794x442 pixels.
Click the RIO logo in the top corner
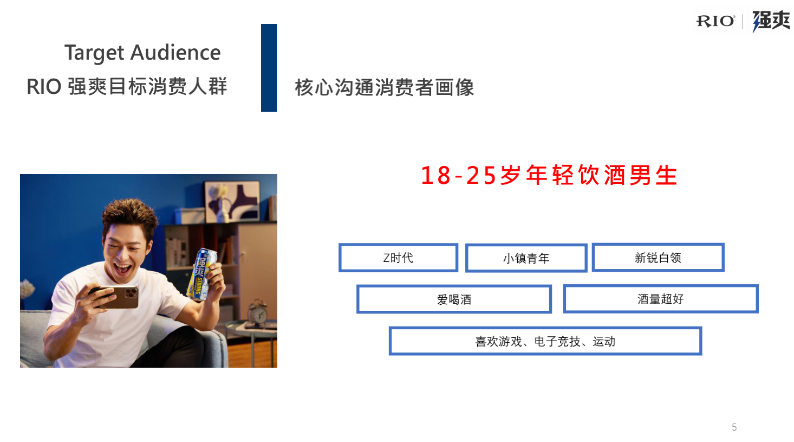tap(715, 21)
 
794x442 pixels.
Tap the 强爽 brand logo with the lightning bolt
tap(771, 21)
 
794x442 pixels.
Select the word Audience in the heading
tap(175, 53)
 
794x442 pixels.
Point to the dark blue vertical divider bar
tap(269, 68)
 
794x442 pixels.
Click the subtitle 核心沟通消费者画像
tap(384, 87)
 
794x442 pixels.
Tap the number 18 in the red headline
tap(435, 175)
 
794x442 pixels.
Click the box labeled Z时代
tap(399, 258)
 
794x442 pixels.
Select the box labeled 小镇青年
tap(526, 258)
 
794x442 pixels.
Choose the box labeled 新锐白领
tap(658, 258)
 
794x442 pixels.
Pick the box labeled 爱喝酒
tap(454, 299)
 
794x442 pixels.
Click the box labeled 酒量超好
tap(661, 299)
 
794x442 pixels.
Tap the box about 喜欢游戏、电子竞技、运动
tap(545, 341)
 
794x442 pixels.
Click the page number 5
tap(734, 427)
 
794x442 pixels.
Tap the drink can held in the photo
tap(201, 274)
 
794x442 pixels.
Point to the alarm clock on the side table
tap(258, 311)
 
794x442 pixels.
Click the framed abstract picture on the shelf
tap(232, 201)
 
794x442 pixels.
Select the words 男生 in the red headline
tap(653, 175)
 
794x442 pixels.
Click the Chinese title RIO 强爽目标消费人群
tap(127, 87)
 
